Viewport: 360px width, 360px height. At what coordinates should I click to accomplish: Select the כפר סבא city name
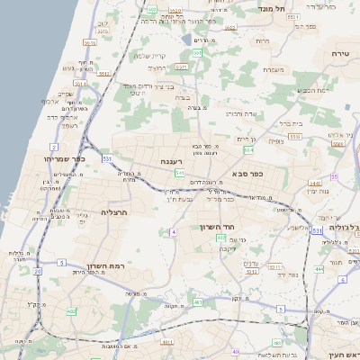point(247,173)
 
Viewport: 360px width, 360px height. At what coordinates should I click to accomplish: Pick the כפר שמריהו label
point(63,157)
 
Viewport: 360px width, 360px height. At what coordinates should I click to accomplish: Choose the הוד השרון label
point(217,227)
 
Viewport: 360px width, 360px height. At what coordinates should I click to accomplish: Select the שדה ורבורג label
point(243,113)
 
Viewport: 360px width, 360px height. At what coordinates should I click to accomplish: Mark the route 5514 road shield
point(80,84)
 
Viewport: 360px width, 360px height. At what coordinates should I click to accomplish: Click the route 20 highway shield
point(37,270)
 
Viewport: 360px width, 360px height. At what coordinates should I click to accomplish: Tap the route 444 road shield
point(319,268)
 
